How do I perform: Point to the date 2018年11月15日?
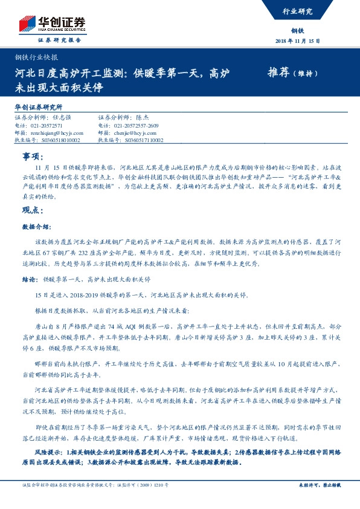coord(298,41)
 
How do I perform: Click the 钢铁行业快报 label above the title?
coord(36,58)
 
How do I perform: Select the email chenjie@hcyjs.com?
coord(135,132)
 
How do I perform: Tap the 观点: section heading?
coord(33,210)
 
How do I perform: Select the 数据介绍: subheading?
coord(34,227)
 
